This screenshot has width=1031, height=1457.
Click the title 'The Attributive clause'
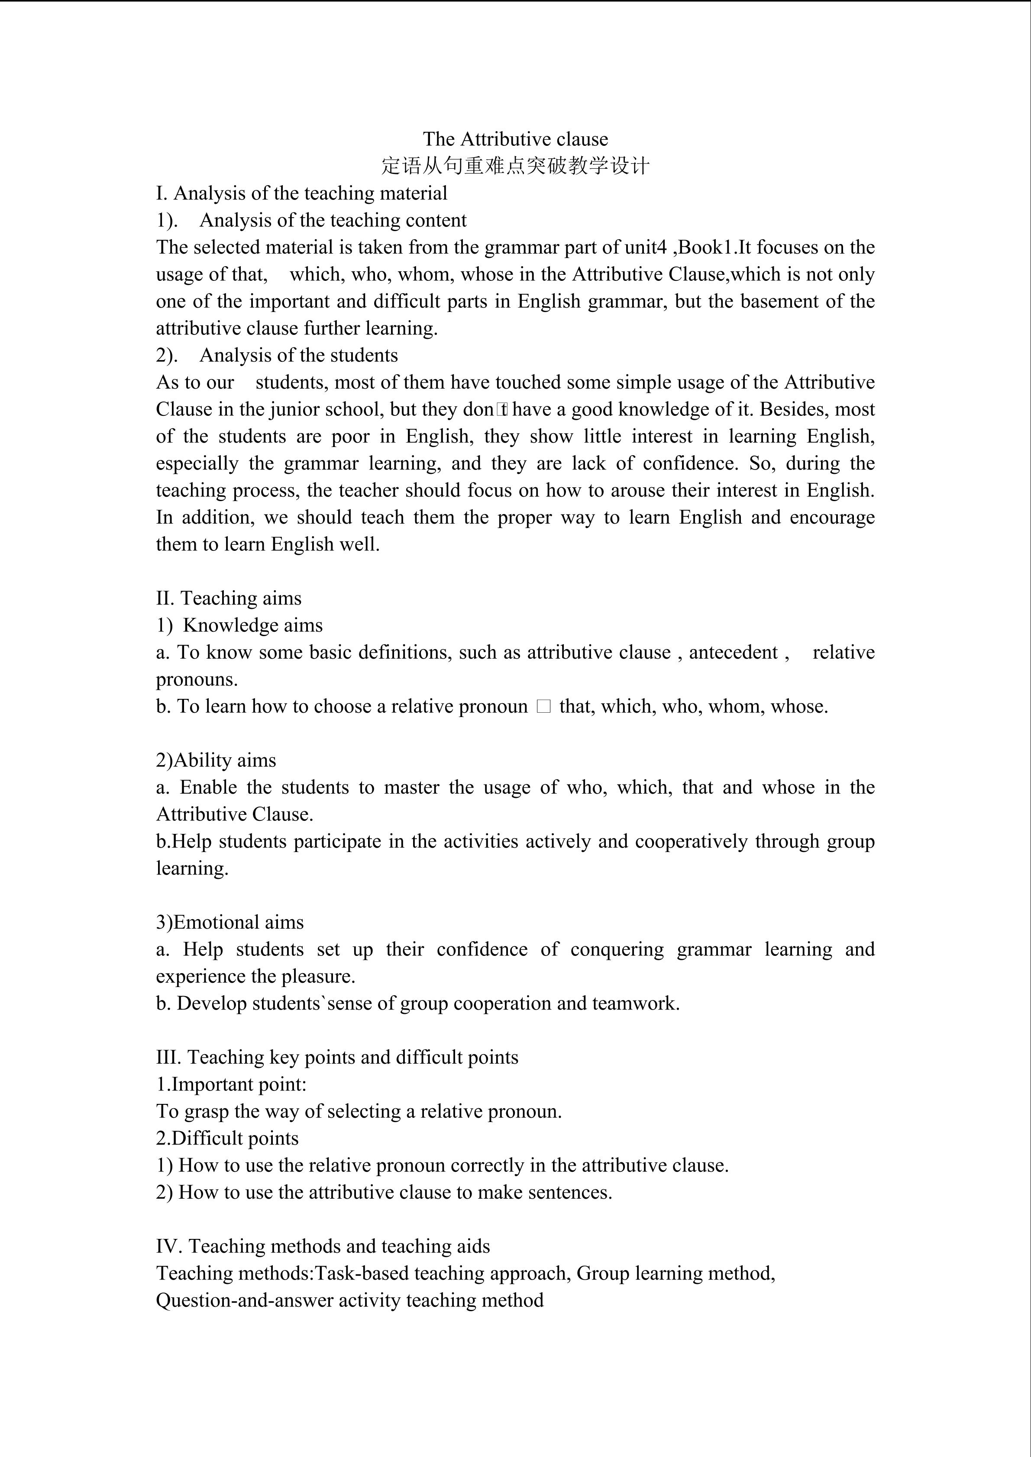pos(515,139)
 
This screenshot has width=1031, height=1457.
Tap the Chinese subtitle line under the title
pos(515,166)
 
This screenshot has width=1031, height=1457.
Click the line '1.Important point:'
pos(231,1084)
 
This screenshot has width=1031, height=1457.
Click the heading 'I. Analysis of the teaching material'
pos(301,193)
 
